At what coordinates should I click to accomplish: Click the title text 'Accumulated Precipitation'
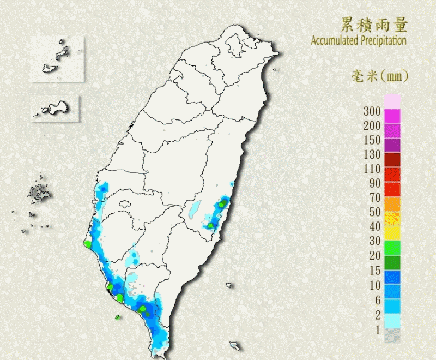359,40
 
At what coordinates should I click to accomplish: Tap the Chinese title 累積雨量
374,25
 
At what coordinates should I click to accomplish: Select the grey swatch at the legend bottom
392,335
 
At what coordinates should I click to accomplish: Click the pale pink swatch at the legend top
392,101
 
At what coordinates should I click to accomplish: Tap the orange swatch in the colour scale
392,204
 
